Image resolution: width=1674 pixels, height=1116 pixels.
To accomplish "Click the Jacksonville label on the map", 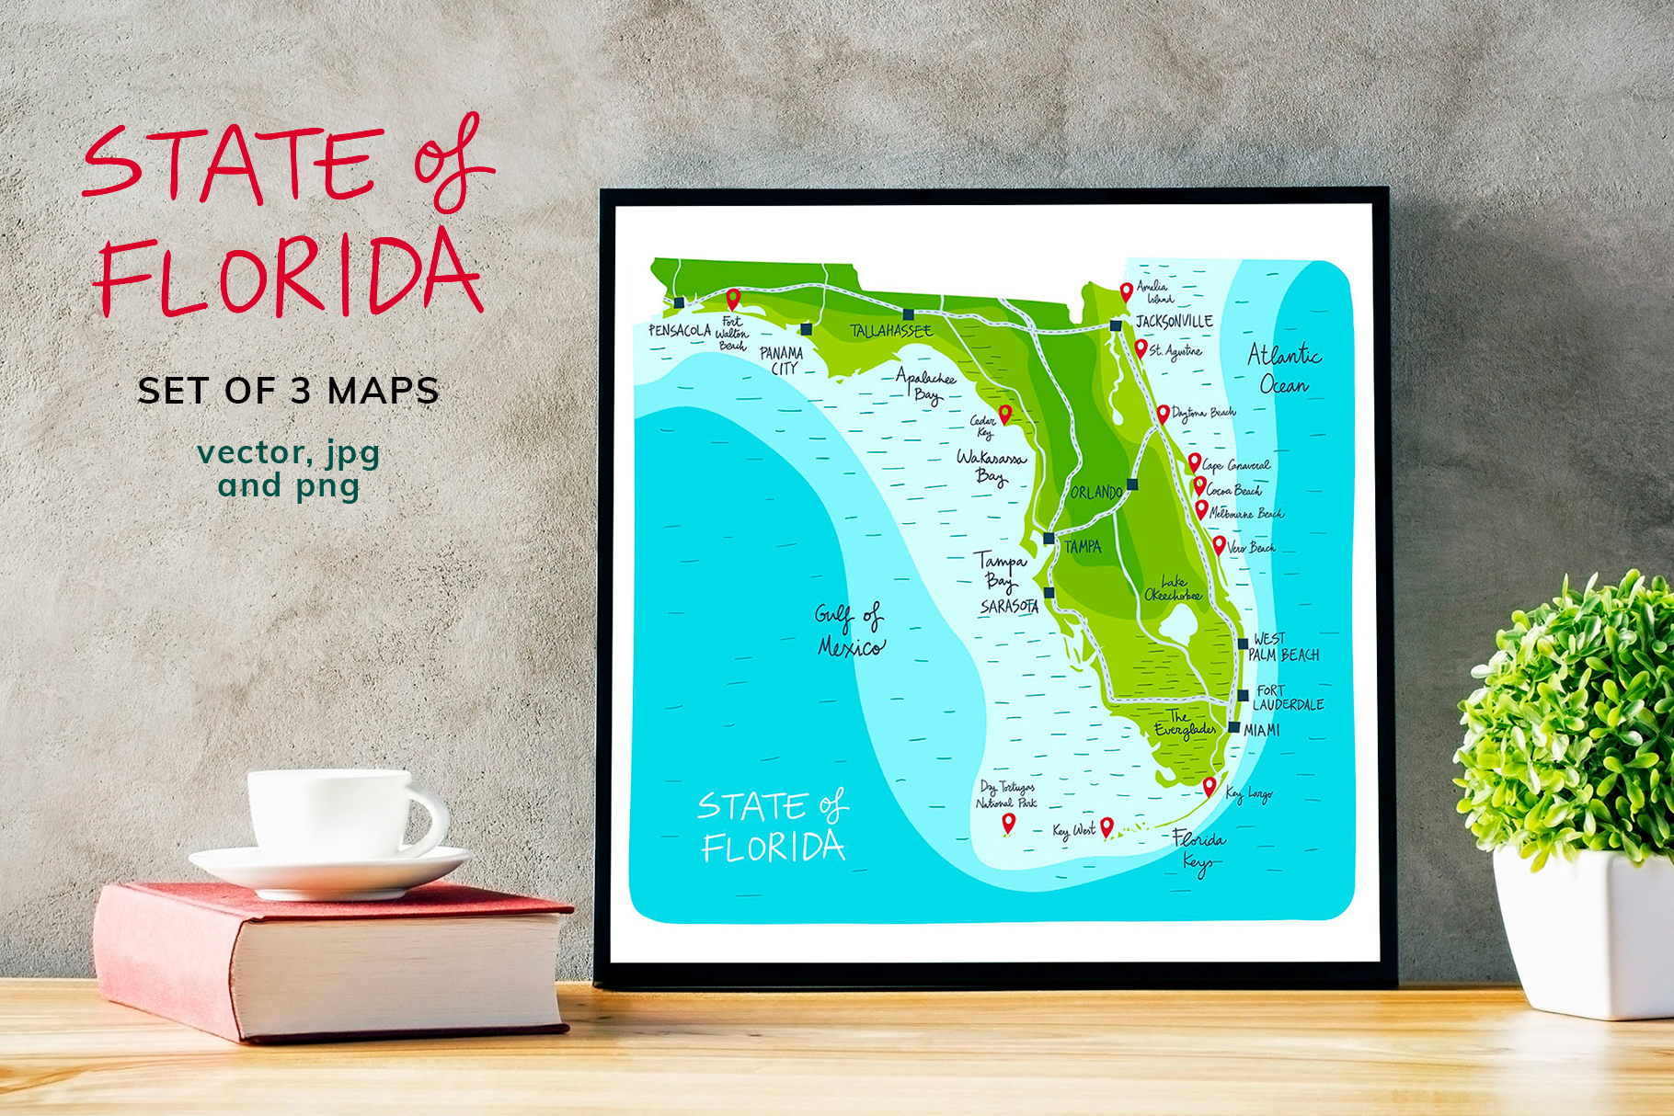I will coord(1174,321).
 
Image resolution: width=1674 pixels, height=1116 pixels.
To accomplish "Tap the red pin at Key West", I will coord(1106,826).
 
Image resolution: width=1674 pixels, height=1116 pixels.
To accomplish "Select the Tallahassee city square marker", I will coord(908,314).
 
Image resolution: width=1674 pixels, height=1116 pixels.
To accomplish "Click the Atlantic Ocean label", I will coord(1284,369).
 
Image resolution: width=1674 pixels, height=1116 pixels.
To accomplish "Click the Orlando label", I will coord(1096,493).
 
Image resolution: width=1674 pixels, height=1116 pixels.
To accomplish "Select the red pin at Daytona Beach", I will coord(1163,413).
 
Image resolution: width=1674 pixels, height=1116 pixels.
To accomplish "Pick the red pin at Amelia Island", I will coord(1126,291).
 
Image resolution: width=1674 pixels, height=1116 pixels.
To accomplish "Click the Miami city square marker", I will coord(1234,727).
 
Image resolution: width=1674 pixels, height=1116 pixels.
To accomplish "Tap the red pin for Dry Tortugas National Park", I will coord(1008,822).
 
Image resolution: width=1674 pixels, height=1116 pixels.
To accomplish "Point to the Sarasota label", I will coord(1009,607).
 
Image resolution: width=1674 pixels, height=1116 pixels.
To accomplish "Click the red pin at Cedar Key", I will coord(1005,413).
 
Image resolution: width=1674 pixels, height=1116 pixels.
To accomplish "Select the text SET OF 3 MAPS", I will coord(288,391).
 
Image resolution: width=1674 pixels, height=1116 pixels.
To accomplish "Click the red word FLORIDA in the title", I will coord(291,276).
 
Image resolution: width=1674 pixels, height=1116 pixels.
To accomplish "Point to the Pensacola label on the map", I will coord(680,330).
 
